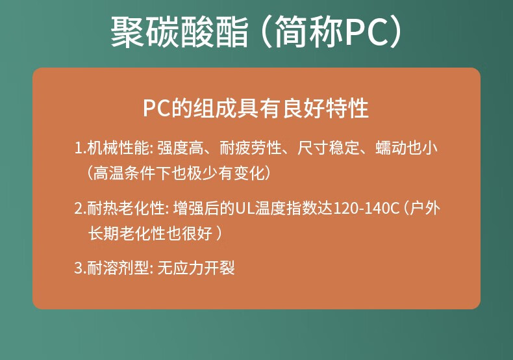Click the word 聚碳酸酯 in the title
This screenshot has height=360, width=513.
pos(179,32)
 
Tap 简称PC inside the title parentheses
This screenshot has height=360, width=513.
pos(332,32)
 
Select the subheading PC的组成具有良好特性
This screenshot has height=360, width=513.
pos(256,108)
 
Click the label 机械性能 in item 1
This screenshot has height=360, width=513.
pos(118,148)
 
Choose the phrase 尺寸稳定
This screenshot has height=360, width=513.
pos(329,148)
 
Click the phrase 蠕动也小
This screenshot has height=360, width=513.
pos(407,148)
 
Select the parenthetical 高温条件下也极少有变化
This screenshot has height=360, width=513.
pos(179,173)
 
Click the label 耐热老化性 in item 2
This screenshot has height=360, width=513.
pos(126,208)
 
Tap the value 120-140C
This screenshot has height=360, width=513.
pos(366,209)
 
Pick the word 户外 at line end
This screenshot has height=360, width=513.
pos(425,208)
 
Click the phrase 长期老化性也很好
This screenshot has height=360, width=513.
pos(151,233)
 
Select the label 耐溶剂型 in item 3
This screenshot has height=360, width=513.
pos(118,268)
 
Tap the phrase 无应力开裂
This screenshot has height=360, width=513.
pos(196,268)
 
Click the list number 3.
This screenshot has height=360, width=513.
pos(79,268)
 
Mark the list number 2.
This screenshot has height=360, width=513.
pos(79,209)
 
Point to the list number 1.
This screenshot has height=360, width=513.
pos(79,148)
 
